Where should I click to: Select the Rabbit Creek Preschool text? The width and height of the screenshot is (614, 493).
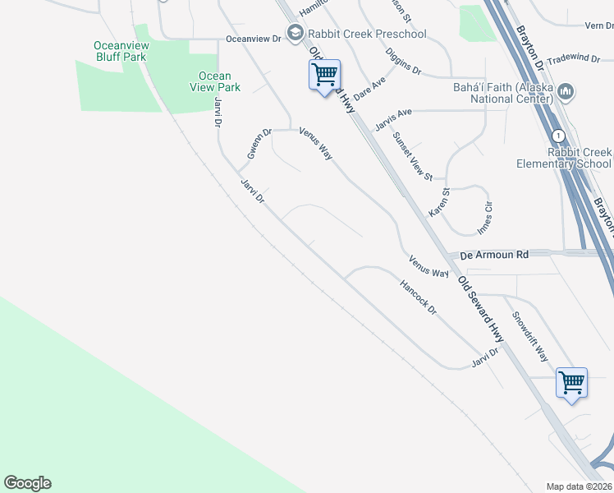click(x=367, y=34)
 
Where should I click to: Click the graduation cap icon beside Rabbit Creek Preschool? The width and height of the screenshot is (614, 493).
click(x=295, y=34)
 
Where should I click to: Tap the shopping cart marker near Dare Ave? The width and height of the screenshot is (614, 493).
click(x=324, y=76)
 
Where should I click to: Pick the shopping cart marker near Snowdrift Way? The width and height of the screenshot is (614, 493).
click(x=571, y=382)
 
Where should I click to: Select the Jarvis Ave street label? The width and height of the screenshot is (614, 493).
click(x=392, y=120)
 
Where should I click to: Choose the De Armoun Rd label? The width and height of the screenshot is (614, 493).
click(x=494, y=256)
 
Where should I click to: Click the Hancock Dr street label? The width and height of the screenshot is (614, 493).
click(x=418, y=299)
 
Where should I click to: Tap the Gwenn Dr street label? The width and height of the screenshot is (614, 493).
click(x=259, y=144)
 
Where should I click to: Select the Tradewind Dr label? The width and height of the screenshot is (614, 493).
click(x=575, y=58)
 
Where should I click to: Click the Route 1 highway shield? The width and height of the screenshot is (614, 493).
click(x=558, y=135)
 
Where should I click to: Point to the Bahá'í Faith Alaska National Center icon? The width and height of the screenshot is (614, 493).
click(x=565, y=90)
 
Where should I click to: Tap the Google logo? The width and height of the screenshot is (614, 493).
click(x=27, y=483)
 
